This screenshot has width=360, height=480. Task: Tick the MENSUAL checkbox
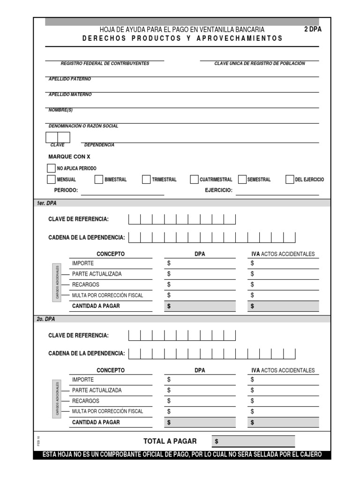(51, 180)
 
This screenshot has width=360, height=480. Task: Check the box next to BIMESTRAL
(98, 180)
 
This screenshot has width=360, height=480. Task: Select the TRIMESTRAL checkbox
(146, 180)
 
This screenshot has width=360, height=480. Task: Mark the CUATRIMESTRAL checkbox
(194, 180)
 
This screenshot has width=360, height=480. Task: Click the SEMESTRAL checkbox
(242, 180)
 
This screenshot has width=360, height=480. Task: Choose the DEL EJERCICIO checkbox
(290, 180)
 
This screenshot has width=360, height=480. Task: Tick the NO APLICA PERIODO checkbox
(51, 168)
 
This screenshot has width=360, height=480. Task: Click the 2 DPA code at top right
(313, 29)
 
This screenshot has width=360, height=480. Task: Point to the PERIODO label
(66, 190)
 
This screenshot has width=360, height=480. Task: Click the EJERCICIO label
(218, 190)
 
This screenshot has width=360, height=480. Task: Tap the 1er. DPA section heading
(46, 203)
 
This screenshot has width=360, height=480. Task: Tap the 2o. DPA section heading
(46, 319)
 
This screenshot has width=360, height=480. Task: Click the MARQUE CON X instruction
(69, 157)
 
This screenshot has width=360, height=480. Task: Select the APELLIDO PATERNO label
(70, 79)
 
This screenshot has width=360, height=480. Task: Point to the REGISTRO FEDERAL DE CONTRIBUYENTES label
(105, 63)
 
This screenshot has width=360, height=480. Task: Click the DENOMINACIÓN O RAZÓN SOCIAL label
(83, 126)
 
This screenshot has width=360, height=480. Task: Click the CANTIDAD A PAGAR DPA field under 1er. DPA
(199, 307)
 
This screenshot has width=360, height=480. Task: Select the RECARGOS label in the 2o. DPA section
(85, 401)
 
